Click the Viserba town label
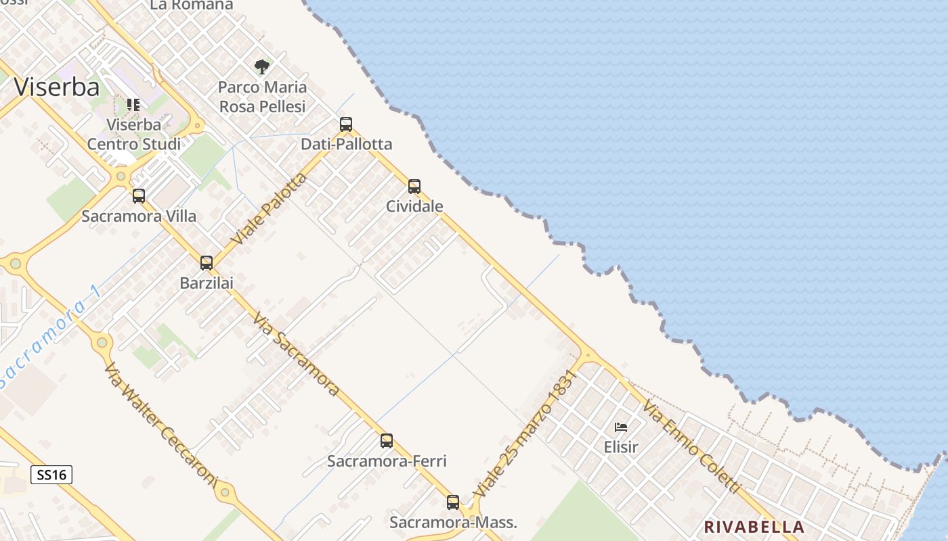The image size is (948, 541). (57, 87)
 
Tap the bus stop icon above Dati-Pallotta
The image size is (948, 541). (346, 124)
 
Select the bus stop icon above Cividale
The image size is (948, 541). (414, 187)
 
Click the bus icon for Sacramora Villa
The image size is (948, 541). (139, 196)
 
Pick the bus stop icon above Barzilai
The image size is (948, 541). (207, 263)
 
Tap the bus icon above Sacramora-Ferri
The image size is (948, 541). (387, 441)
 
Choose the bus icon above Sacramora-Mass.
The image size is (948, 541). (453, 502)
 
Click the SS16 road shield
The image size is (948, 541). (51, 475)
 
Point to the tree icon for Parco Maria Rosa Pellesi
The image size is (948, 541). (262, 67)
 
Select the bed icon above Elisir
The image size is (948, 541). (621, 427)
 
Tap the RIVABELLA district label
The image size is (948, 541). (754, 527)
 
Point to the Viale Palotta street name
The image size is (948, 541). (269, 210)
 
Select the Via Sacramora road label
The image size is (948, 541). (296, 354)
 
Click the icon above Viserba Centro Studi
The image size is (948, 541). (133, 105)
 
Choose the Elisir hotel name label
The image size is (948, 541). (621, 447)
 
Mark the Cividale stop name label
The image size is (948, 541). (414, 206)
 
